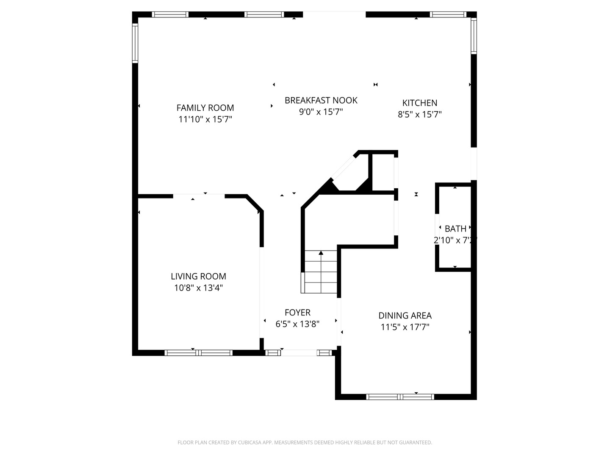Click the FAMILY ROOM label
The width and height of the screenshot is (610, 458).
click(x=205, y=108)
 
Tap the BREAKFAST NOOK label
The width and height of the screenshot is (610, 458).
click(x=321, y=100)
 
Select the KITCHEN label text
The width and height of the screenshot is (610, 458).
click(x=419, y=103)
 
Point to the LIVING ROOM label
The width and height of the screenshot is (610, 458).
click(x=198, y=276)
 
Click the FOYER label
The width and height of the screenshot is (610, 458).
click(x=297, y=313)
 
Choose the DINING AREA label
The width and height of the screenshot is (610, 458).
click(x=405, y=316)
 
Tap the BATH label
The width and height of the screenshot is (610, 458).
click(x=455, y=229)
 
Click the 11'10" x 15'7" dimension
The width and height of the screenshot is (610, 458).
click(x=205, y=120)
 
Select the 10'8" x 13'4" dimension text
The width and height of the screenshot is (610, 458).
click(x=198, y=288)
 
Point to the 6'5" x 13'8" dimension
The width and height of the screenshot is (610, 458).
click(x=297, y=324)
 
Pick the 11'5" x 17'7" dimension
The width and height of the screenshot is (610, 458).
click(x=405, y=327)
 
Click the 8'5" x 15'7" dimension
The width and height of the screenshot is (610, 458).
click(x=419, y=114)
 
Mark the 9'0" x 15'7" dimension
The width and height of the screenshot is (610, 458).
click(x=321, y=112)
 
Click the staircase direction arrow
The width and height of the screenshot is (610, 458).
click(x=321, y=254)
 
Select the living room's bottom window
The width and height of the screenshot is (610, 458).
click(x=198, y=352)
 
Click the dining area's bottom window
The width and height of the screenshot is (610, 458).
click(x=400, y=397)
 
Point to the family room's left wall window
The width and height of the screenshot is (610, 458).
click(x=135, y=43)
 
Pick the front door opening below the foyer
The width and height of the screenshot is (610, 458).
click(x=299, y=352)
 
